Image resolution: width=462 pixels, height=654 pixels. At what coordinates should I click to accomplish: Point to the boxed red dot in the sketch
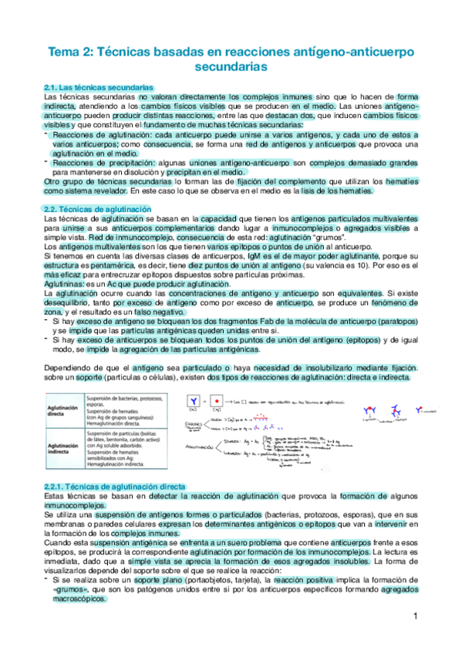click(220, 402)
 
